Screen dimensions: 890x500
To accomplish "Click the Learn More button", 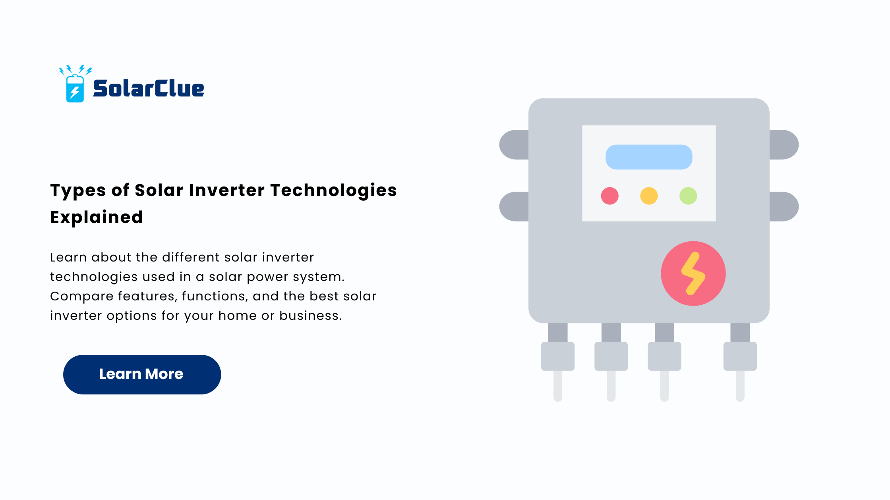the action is tap(142, 374).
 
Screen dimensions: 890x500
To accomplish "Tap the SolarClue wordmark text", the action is tap(149, 88).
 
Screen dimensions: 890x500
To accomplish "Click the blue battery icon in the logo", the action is tap(75, 88).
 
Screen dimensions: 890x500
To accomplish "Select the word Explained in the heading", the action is tap(97, 217).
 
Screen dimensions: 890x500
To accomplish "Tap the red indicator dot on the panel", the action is tap(610, 196).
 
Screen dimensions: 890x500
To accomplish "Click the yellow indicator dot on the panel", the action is tap(649, 196).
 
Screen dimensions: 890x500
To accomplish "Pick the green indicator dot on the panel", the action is tap(688, 196).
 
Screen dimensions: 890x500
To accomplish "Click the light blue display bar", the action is tap(649, 157).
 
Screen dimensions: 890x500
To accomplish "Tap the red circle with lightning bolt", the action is tap(693, 273).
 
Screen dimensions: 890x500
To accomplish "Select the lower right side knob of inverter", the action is tap(784, 206).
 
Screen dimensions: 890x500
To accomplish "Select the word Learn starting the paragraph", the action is tap(68, 257).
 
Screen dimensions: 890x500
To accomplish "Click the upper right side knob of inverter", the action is tap(784, 144).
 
